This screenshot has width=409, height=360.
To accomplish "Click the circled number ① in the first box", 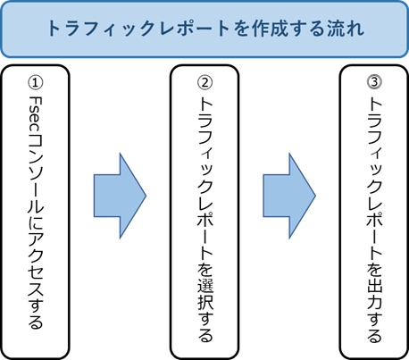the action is click(x=36, y=82).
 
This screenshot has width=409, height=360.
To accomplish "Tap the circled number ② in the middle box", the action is click(x=204, y=82).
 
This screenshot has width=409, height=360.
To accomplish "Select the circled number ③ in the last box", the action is click(x=374, y=82).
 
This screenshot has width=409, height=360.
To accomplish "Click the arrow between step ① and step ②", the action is click(x=120, y=196).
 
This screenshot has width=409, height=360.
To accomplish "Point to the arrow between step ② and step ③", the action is click(x=289, y=196).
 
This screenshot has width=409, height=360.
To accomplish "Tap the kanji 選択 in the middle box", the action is click(x=205, y=294).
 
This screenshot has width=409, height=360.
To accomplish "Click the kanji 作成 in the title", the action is click(x=271, y=29).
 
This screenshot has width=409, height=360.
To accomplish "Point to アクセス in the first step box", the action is click(x=36, y=263).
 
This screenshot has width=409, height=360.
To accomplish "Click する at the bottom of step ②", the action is click(x=205, y=327).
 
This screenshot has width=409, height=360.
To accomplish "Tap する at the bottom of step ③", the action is click(x=374, y=327).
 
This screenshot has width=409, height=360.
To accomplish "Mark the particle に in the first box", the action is click(x=36, y=222).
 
